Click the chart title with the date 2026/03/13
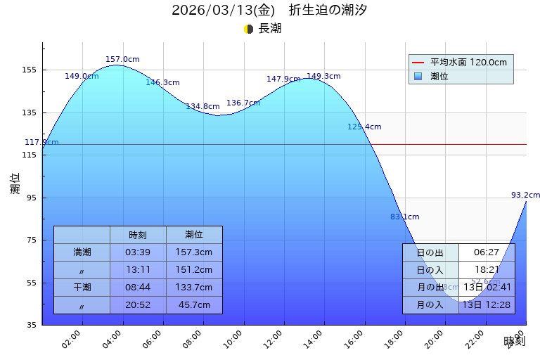(269, 11)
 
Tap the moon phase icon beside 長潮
(248, 29)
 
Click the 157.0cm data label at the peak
(122, 60)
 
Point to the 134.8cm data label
(202, 107)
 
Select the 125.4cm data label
(364, 127)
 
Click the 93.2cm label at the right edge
(525, 195)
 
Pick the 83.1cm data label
(404, 217)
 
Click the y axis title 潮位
(15, 184)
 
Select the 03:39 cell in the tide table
(138, 252)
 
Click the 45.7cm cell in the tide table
(194, 305)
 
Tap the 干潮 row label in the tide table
(82, 287)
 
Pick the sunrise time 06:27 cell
(487, 252)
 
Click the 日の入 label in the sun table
(430, 270)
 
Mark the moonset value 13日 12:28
(487, 305)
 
